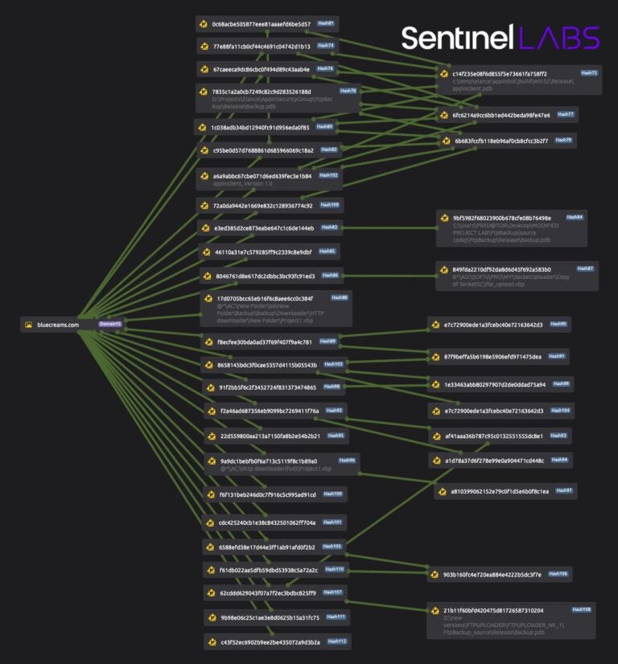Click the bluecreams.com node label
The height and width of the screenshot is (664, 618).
click(x=58, y=325)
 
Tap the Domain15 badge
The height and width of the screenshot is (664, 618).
click(x=110, y=324)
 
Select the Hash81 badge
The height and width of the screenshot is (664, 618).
click(x=326, y=23)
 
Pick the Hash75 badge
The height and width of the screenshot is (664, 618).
click(x=588, y=73)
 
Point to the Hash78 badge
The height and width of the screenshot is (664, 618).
click(x=348, y=91)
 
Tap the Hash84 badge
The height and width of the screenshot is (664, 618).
click(x=575, y=217)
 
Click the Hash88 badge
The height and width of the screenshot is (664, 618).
click(x=340, y=297)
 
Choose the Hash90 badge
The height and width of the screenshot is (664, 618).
click(x=558, y=324)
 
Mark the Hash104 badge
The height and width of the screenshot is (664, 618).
click(x=560, y=410)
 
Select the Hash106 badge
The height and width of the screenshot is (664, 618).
click(x=558, y=574)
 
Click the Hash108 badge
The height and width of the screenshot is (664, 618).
click(x=581, y=609)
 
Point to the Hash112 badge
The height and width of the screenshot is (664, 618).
click(x=336, y=641)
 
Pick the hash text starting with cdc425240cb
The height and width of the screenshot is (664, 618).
click(x=267, y=523)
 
